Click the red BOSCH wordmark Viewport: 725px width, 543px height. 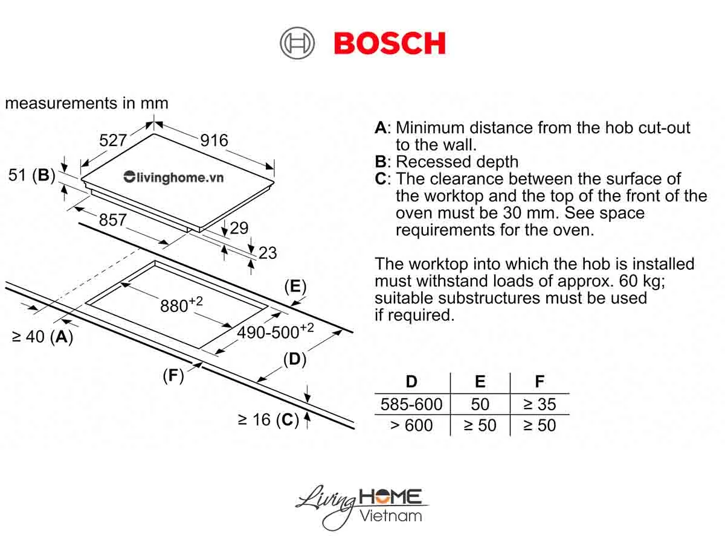tap(390, 43)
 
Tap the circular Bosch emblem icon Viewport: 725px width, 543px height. tap(297, 43)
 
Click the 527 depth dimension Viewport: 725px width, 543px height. tap(113, 141)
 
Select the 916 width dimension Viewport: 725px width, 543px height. tap(214, 141)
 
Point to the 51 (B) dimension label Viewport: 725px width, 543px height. tap(31, 176)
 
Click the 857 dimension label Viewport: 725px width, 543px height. tap(113, 220)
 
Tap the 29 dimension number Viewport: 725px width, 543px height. tap(239, 228)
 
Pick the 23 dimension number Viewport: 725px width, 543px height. tap(268, 252)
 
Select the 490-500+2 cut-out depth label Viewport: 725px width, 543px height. tap(275, 331)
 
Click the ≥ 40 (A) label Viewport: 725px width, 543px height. tap(42, 337)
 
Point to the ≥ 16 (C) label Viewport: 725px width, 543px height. tap(268, 420)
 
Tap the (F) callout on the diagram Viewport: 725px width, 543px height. tap(173, 376)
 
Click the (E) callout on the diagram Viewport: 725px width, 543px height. tap(295, 287)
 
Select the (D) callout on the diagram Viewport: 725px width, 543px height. tap(294, 360)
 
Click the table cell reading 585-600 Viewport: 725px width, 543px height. tap(411, 404)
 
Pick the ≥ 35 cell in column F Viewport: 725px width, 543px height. tap(539, 404)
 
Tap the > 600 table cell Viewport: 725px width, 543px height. tap(411, 425)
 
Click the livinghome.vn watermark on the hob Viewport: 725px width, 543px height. tap(173, 177)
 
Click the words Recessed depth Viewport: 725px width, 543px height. tap(457, 162)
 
